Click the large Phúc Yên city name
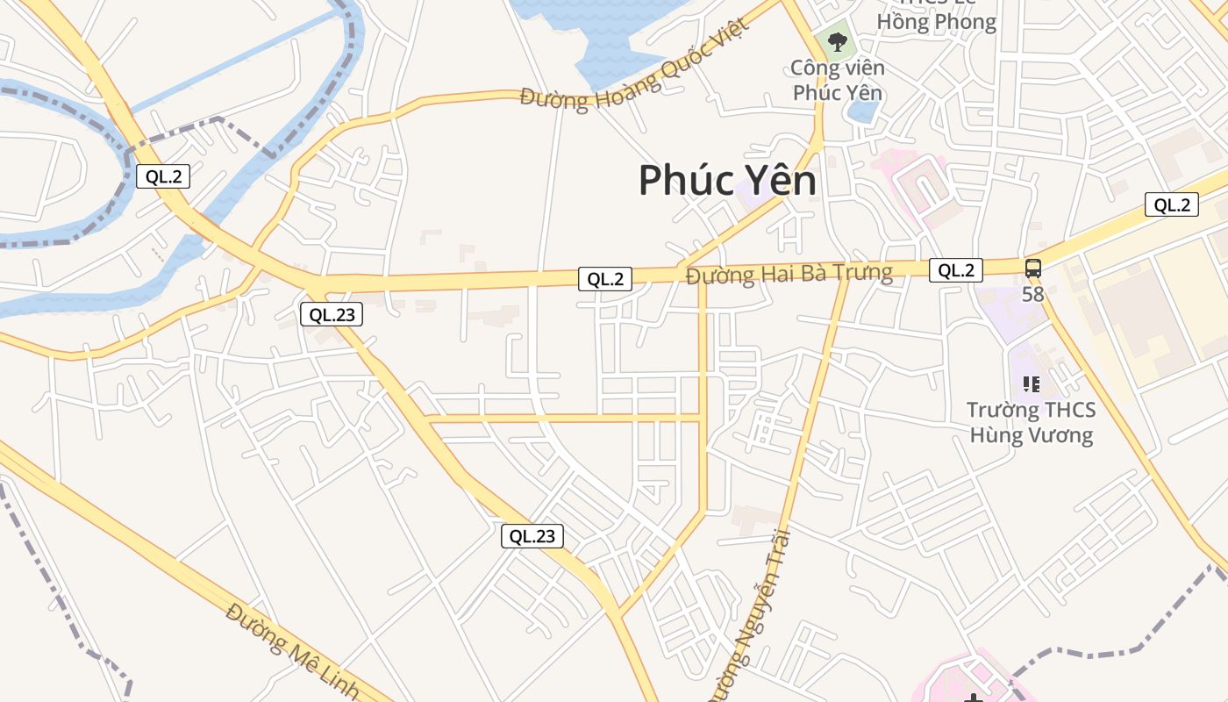pos(727,181)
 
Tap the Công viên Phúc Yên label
pos(837,80)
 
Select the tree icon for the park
pos(838,40)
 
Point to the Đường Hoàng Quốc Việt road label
pos(635,71)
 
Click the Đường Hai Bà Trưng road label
pos(789,274)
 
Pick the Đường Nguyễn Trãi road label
pos(752,614)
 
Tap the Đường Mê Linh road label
pos(292,650)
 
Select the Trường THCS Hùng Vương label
pos(1031,423)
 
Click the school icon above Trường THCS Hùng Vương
pos(1031,383)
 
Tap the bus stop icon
pos(1033,269)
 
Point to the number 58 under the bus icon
pos(1033,294)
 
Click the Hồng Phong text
pos(936,22)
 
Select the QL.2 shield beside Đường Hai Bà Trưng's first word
pos(605,279)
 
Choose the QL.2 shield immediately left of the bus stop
pos(955,270)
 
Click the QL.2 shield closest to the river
pos(163,176)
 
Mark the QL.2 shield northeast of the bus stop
pos(1172,205)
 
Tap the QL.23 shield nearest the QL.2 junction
pos(332,314)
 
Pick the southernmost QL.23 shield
pos(532,536)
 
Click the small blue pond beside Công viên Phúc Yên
pos(864,111)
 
